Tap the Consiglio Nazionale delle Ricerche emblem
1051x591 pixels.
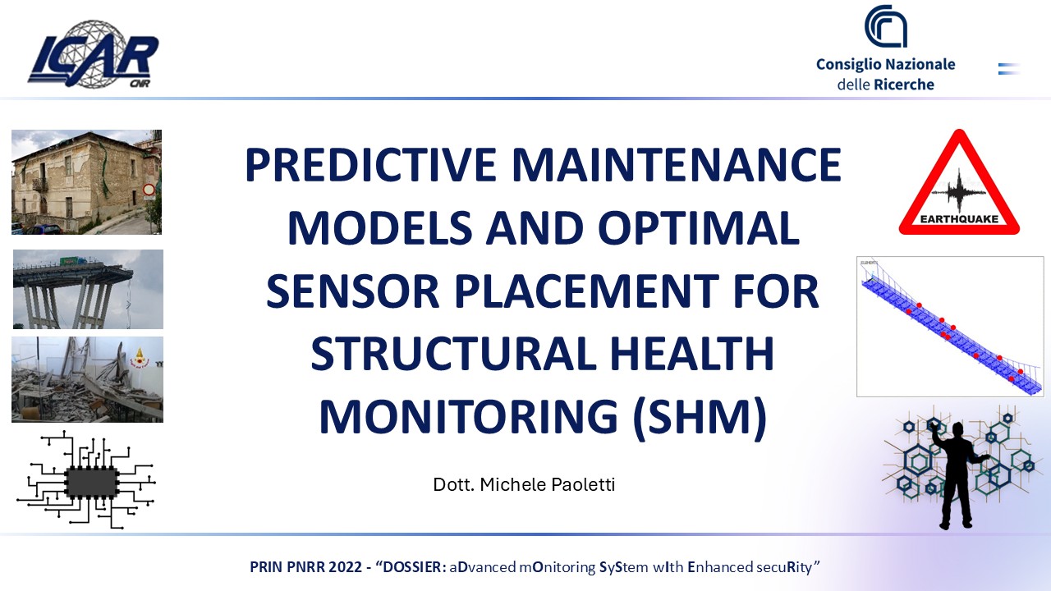coord(885,26)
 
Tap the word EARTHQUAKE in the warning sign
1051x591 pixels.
coord(958,220)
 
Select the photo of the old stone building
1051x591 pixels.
coord(86,181)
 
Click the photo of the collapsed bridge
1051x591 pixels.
coord(88,289)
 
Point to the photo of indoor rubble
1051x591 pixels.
coord(87,379)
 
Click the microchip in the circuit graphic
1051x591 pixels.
coord(92,483)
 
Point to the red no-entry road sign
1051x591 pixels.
coord(149,190)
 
